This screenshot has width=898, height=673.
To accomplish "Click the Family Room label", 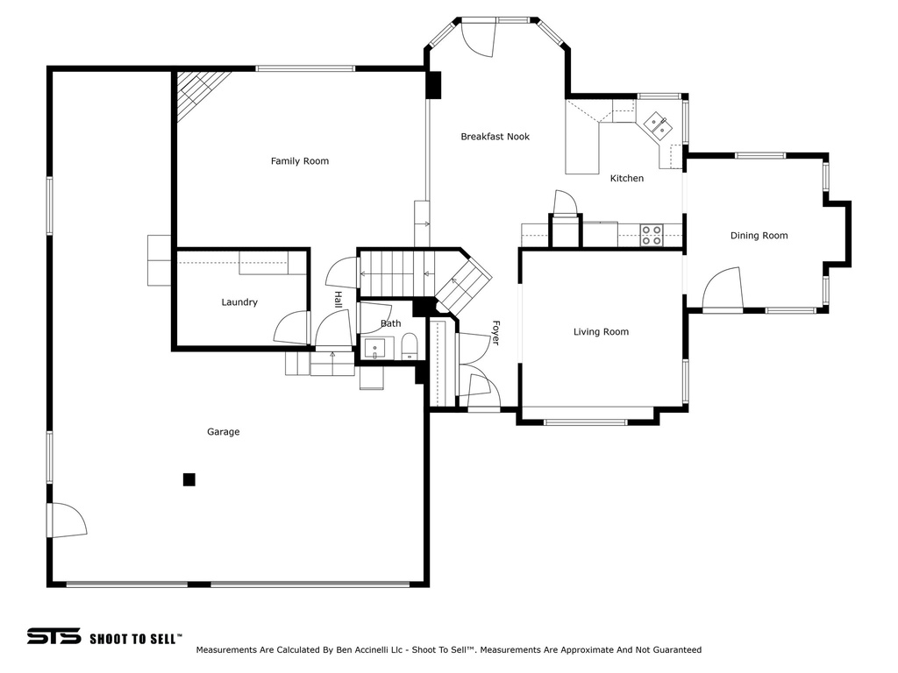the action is (300, 161).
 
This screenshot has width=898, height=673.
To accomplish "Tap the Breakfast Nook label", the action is (495, 137).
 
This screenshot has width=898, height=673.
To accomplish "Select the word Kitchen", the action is (626, 179).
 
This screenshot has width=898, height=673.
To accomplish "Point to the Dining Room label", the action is (759, 236).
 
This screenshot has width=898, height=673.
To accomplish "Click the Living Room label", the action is (601, 332).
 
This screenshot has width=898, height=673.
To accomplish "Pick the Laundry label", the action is (239, 302).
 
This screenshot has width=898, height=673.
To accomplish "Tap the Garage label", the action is (224, 432).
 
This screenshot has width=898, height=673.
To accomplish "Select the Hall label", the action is (338, 300).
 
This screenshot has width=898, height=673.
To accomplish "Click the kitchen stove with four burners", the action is (652, 235).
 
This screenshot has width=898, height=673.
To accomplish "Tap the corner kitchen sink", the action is (657, 125).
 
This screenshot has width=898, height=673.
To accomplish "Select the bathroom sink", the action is (375, 349).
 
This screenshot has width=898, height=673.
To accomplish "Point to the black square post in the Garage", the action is (189, 479).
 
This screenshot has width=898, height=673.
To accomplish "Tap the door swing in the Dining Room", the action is (723, 289).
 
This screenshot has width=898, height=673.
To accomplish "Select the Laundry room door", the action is (292, 328).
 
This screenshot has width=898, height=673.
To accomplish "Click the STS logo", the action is (53, 636).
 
